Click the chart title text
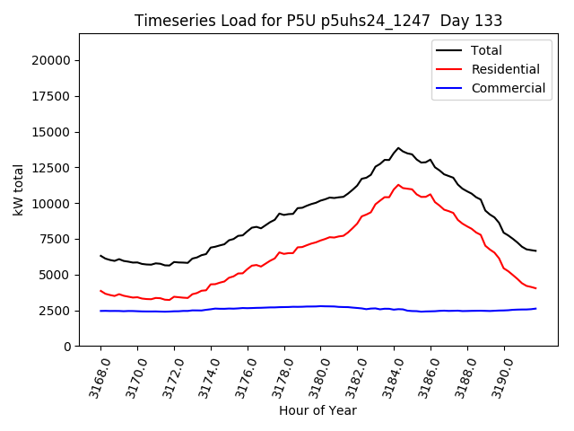(318, 21)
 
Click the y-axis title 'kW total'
(19, 189)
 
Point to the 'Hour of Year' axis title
(317, 410)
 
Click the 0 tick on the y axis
(68, 347)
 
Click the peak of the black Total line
(398, 148)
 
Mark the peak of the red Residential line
(398, 185)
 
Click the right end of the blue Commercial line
(535, 308)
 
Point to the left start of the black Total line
(100, 255)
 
